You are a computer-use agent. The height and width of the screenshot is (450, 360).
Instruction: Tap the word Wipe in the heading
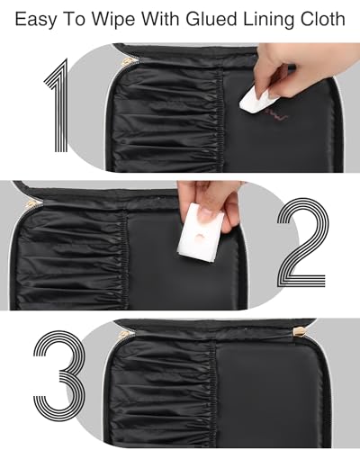[114, 20]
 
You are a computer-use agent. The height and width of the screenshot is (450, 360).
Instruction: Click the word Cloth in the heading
[322, 19]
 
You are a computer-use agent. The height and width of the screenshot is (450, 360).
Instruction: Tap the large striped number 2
[301, 242]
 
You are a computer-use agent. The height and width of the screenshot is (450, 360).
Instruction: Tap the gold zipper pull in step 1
[126, 61]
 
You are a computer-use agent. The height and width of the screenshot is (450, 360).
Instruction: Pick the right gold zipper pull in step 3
[300, 332]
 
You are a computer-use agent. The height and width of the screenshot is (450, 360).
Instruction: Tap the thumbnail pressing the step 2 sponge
[207, 214]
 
